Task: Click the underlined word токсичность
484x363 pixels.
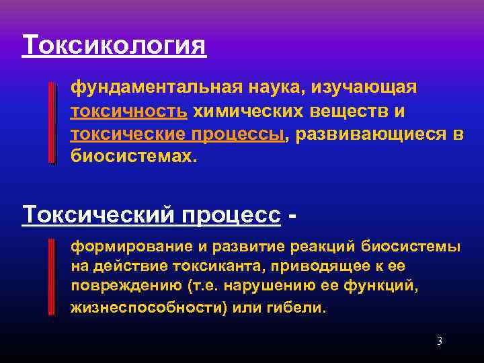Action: tap(129, 110)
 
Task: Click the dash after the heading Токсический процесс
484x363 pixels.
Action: tap(292, 216)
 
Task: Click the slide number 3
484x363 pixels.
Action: tap(439, 341)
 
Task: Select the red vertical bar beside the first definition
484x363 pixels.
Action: tap(52, 123)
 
